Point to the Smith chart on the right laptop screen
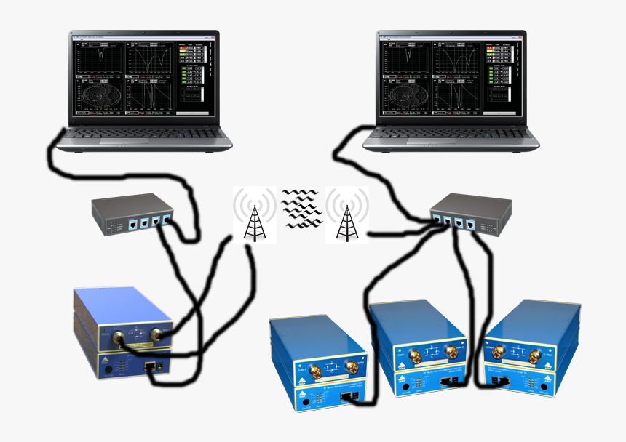(405, 97)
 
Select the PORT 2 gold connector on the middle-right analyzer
(452, 352)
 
